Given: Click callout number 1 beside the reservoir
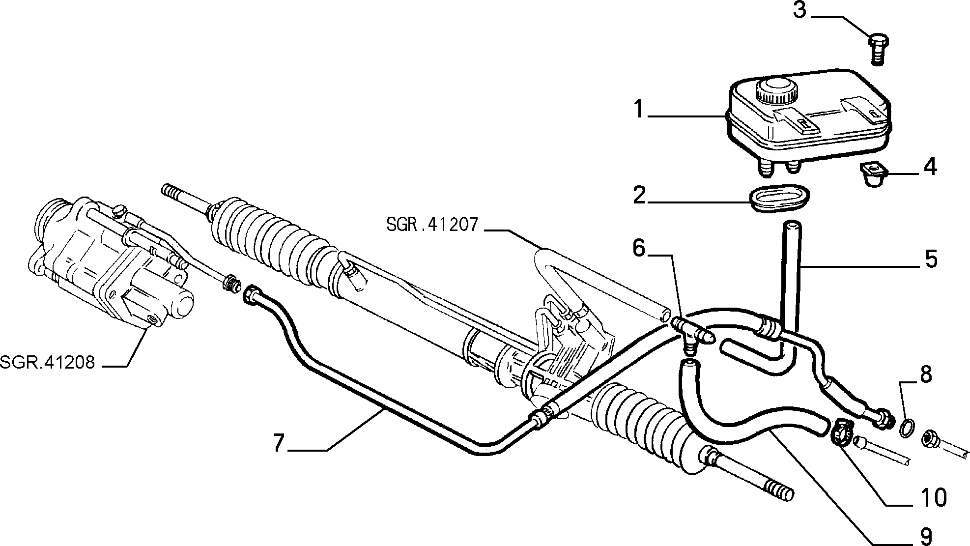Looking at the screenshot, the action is coord(638,109).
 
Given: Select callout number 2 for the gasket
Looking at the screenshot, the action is coord(639,196).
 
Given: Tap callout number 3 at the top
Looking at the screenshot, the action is coord(799,10).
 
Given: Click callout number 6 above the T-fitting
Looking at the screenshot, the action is coord(638,249).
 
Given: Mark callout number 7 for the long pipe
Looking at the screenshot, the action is coord(279,442).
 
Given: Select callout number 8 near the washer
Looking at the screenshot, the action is coord(925,374).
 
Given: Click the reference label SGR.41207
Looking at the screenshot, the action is coord(432,225).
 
